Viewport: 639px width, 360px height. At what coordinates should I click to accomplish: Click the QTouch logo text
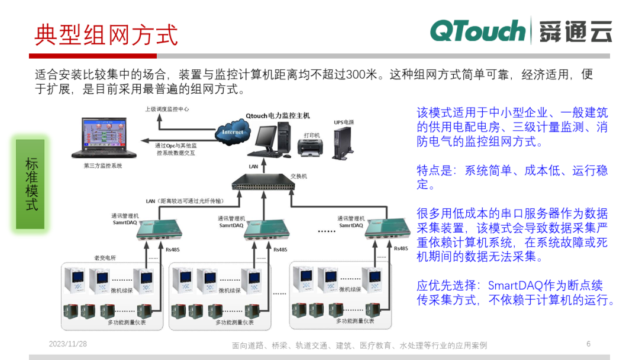pos(477,31)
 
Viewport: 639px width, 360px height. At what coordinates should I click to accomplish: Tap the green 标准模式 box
pos(31,184)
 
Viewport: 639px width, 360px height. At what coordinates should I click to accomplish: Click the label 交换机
pos(299,176)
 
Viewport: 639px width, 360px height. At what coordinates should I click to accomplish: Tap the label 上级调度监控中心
pos(167,110)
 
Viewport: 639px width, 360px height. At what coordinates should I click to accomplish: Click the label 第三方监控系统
pos(103,166)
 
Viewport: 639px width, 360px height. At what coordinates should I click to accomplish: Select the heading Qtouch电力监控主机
pos(277,115)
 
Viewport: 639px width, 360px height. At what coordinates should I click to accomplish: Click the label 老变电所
pos(105,258)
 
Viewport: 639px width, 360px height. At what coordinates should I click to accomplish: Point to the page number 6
pos(588,344)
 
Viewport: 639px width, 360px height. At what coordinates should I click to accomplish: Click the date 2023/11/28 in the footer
pos(67,344)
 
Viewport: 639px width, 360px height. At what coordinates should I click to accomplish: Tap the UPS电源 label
pos(344,123)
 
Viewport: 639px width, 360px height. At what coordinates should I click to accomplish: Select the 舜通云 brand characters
pos(575,31)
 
